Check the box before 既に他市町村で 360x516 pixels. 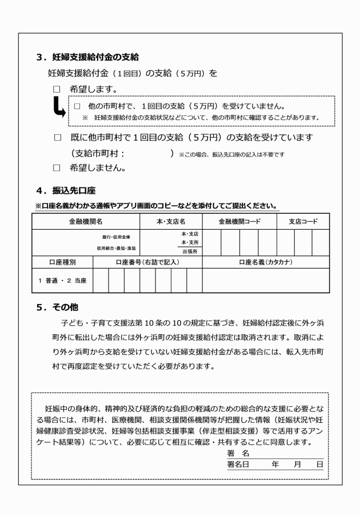pyautogui.click(x=57, y=138)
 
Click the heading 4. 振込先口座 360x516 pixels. pyautogui.click(x=69, y=190)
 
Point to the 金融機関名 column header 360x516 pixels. pyautogui.click(x=86, y=221)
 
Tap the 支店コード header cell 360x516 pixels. pyautogui.click(x=303, y=221)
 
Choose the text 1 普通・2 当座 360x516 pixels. pyautogui.click(x=62, y=280)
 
